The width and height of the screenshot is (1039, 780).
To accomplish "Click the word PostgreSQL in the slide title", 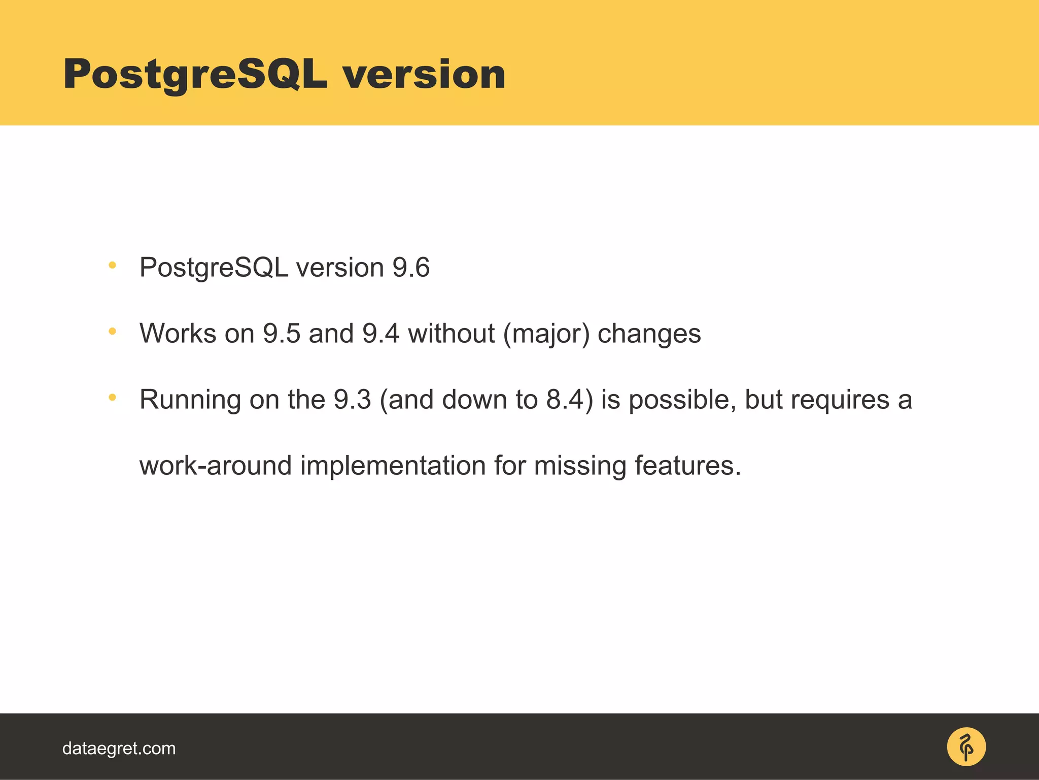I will coord(195,75).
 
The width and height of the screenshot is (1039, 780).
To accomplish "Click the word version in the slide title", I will coord(424,75).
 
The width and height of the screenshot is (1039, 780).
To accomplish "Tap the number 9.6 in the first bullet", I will coord(411,268).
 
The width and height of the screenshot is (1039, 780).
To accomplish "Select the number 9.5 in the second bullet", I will coord(282,334).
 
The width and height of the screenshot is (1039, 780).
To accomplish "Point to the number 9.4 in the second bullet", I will coord(380,334).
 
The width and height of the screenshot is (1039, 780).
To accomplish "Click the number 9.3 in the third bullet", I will coord(353,400).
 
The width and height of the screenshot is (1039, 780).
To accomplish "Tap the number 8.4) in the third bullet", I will coord(569,400).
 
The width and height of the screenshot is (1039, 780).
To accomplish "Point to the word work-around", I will coord(215,466).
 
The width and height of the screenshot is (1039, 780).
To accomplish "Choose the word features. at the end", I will coord(688,466).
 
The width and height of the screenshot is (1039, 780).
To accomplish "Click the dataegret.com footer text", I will coord(119,749).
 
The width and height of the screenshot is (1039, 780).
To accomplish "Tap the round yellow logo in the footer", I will coord(966,747).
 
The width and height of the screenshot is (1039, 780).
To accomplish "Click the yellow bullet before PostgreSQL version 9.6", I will coord(113,265).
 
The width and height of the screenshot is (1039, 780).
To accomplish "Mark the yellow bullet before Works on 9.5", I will coord(113,331).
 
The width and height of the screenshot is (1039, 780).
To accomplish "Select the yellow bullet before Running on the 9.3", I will coord(113,397).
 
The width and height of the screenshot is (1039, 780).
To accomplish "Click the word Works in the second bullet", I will coord(178,334).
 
